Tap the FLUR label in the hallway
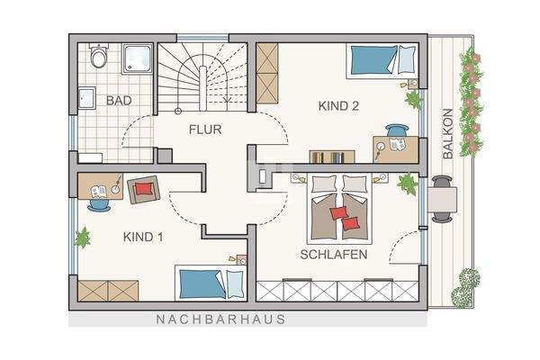(x=205, y=130)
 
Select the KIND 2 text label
(x=338, y=106)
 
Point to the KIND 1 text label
(x=143, y=238)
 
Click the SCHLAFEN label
(x=334, y=255)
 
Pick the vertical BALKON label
(x=447, y=135)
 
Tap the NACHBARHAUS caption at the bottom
(x=220, y=319)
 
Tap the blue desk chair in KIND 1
(x=99, y=204)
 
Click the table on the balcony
(x=441, y=198)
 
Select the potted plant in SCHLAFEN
(x=407, y=184)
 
